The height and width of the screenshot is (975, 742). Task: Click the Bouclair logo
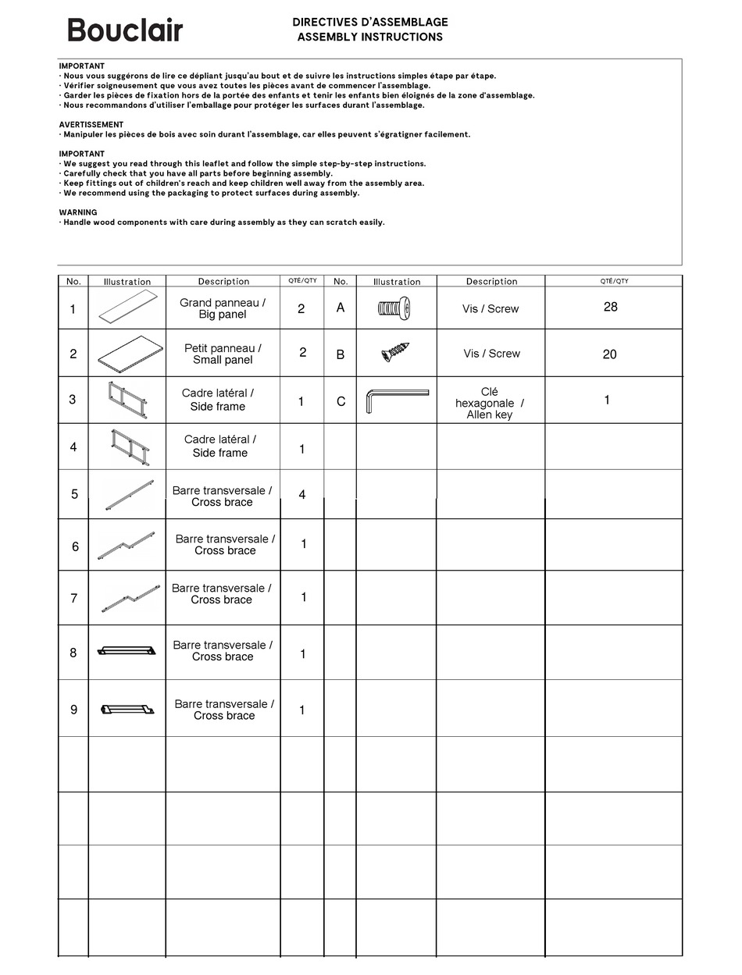(x=125, y=30)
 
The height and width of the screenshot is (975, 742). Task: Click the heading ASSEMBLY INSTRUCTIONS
(x=369, y=37)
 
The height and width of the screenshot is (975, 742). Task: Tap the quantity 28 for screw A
(x=610, y=307)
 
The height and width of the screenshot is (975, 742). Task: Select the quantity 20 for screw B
(x=609, y=354)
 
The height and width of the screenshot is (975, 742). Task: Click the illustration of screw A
(x=394, y=308)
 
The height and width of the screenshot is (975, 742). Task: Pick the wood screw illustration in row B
(x=396, y=353)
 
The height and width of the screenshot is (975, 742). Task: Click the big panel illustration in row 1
(x=128, y=309)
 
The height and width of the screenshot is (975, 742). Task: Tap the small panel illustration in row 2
(x=130, y=351)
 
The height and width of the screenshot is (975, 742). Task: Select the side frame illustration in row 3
(x=127, y=400)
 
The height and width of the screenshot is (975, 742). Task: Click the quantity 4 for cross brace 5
(x=302, y=495)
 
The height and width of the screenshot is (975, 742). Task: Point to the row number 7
(x=74, y=598)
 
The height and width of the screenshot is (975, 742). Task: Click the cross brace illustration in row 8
(x=127, y=650)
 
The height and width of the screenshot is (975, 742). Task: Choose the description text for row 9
(x=224, y=710)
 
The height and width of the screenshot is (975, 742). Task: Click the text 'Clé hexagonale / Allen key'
(x=490, y=403)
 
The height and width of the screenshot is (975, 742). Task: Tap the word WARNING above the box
(x=78, y=212)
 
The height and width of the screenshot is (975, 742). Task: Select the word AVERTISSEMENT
(x=91, y=124)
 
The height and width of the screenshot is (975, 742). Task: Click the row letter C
(x=341, y=401)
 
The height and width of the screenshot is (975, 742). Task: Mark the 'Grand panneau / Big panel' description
(x=223, y=308)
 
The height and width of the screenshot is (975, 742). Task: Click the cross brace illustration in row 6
(x=127, y=544)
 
